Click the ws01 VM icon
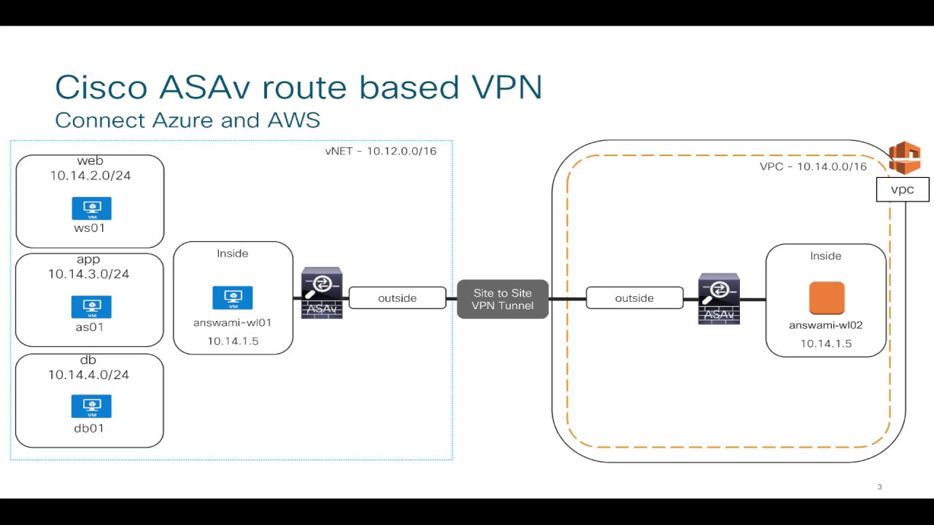[92, 209]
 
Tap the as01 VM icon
[92, 307]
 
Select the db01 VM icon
[91, 406]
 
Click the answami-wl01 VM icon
[233, 297]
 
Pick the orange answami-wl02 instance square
[827, 298]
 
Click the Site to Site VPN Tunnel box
[503, 299]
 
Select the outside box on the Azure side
[398, 298]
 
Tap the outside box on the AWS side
[635, 298]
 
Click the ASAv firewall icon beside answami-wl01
[322, 293]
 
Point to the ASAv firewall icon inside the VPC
[719, 299]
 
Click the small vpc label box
[903, 190]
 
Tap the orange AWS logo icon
[905, 158]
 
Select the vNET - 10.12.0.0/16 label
[381, 151]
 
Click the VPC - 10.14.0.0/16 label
[813, 167]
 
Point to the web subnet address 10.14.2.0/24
[90, 176]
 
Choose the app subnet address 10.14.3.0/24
[89, 274]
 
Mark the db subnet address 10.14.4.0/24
[89, 375]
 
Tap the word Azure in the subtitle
[182, 120]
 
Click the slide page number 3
[880, 486]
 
